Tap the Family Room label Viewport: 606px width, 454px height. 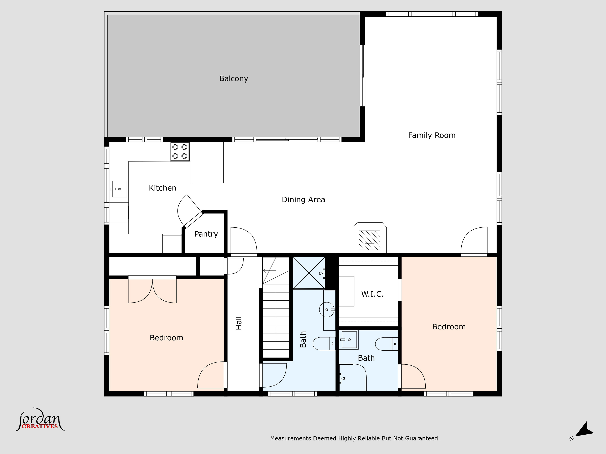click(x=432, y=135)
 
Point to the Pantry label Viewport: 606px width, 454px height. click(x=206, y=234)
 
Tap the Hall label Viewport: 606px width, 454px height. click(x=239, y=323)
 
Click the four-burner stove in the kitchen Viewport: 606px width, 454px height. click(x=180, y=151)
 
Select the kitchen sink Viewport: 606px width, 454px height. click(x=119, y=189)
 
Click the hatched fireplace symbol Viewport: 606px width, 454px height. click(x=369, y=240)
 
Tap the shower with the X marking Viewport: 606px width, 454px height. click(x=309, y=273)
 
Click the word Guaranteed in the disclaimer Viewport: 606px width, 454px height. click(x=422, y=438)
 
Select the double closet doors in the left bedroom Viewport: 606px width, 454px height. click(x=152, y=291)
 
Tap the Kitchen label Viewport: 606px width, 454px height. click(x=162, y=188)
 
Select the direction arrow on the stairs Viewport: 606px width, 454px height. click(x=264, y=271)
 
